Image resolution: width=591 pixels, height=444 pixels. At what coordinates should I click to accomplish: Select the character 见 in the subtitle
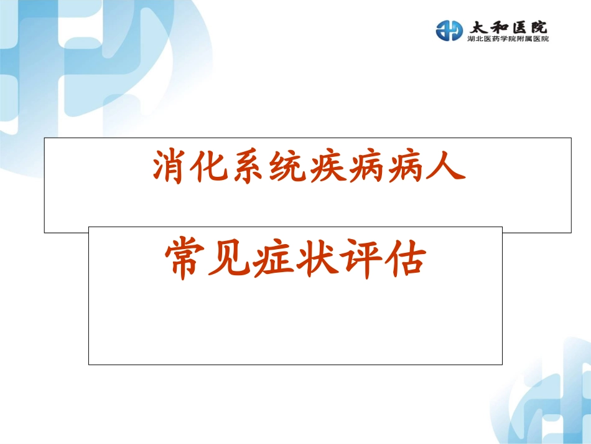228,260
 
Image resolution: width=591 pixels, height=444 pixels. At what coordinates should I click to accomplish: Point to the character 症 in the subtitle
272,260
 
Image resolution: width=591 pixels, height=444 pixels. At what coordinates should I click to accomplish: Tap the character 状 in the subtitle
315,260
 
